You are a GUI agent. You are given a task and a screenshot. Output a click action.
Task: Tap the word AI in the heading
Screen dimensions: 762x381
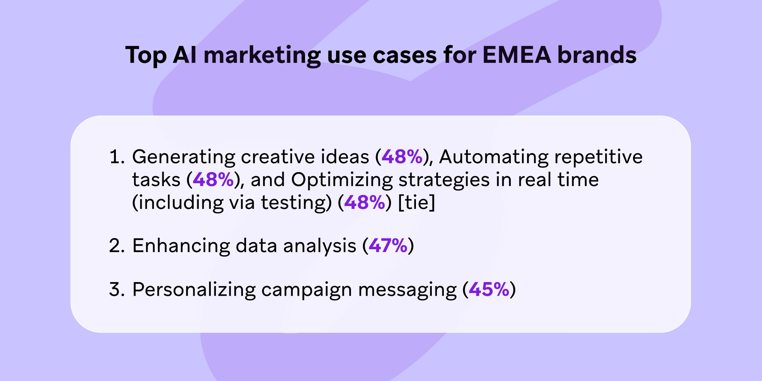(185, 55)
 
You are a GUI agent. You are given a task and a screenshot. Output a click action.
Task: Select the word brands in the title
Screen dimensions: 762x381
(597, 55)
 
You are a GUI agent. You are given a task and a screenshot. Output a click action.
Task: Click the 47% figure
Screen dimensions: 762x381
(388, 246)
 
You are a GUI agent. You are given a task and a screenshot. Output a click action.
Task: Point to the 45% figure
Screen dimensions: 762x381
(489, 289)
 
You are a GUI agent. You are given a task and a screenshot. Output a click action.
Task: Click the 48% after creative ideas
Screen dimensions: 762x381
(402, 157)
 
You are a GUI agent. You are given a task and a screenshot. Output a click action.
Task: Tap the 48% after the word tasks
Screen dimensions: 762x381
(213, 180)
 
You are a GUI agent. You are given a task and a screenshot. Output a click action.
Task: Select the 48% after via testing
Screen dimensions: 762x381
(365, 203)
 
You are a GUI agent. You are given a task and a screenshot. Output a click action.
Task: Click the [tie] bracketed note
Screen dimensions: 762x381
(417, 203)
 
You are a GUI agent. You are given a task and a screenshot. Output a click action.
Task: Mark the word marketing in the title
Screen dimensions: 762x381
(262, 55)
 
